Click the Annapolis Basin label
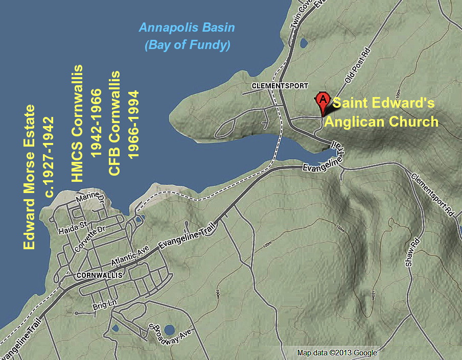(187, 27)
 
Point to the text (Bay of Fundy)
(187, 45)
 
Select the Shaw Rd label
(415, 252)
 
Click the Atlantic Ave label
(134, 255)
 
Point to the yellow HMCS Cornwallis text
(78, 124)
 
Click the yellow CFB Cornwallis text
(115, 124)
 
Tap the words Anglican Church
(381, 122)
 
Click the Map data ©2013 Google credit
(337, 353)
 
